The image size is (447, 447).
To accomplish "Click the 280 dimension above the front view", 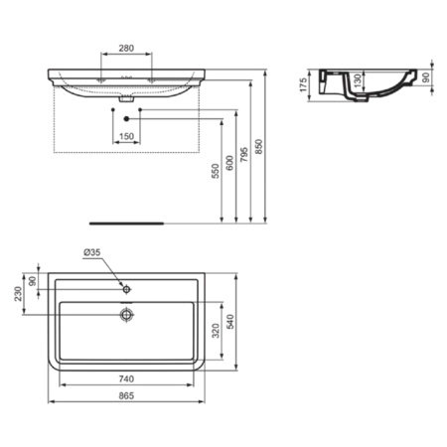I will tap(126, 48).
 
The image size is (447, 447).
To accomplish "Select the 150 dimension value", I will tap(126, 136).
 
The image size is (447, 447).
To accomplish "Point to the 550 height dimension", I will tap(215, 172).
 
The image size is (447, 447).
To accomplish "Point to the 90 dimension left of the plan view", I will tap(36, 281).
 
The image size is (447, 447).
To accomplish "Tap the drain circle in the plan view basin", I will tap(125, 315).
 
